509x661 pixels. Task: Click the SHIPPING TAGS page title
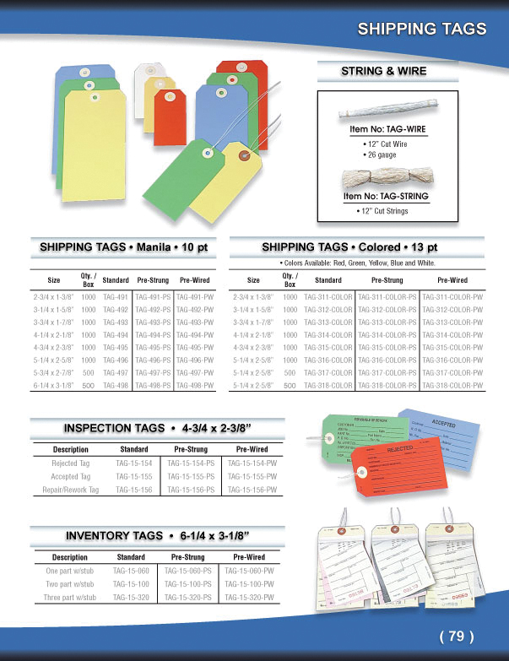coord(421,29)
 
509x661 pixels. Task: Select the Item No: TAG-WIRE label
coord(387,130)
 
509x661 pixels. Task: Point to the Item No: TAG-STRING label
coord(386,196)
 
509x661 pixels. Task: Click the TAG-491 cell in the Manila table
coord(116,298)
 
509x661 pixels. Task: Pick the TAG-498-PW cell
coord(194,386)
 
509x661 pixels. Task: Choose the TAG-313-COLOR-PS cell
coord(387,323)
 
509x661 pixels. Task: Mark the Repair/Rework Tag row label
coord(76,490)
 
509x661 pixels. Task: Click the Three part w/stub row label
coord(71,598)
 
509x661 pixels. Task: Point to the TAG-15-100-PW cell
coord(249,584)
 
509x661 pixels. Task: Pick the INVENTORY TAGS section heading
coord(157,535)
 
